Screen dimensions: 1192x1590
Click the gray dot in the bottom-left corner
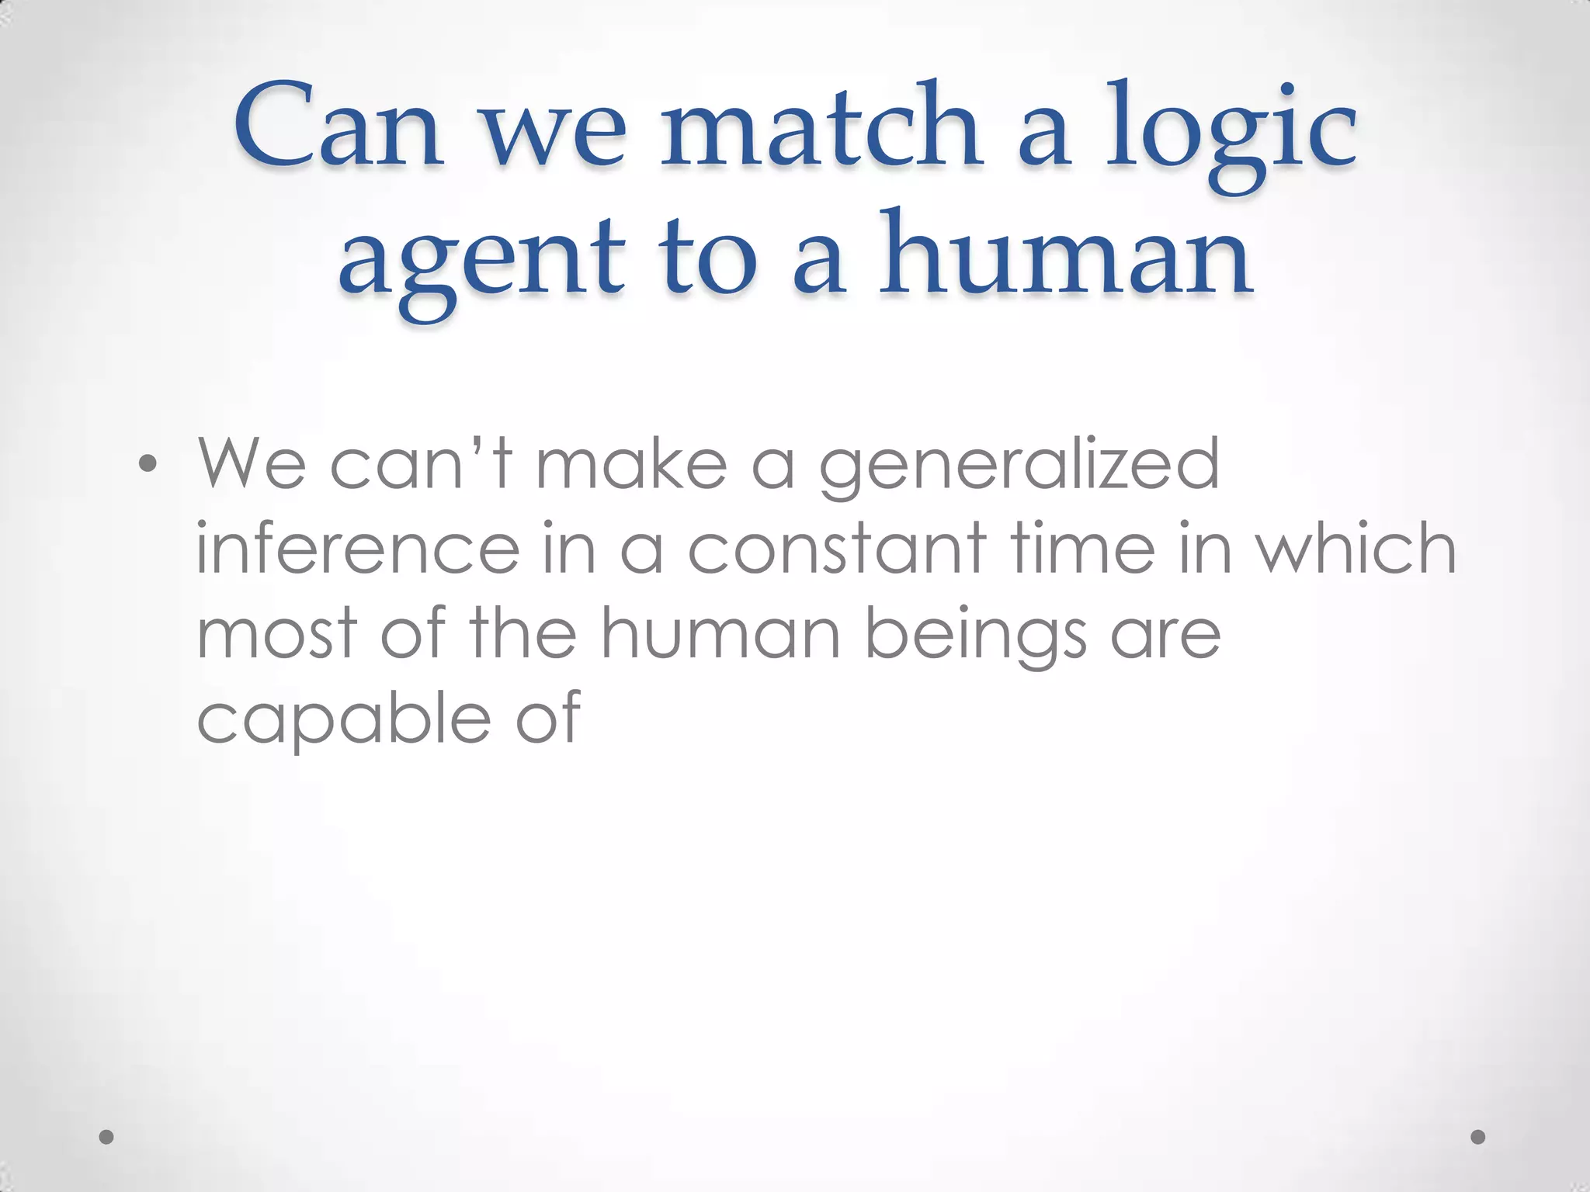click(x=107, y=1137)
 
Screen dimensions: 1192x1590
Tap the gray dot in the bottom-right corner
click(x=1478, y=1137)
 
